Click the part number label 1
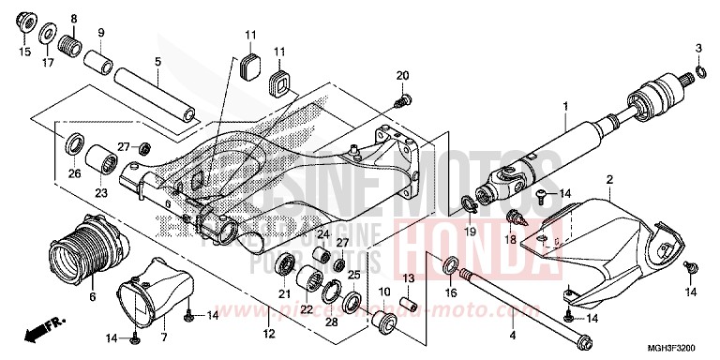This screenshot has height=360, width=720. pos(564,106)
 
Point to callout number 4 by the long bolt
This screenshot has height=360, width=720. pos(513,335)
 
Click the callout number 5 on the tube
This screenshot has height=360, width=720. pos(158,63)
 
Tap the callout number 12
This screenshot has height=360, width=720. pos(268,334)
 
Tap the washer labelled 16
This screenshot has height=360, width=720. pos(450,264)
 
